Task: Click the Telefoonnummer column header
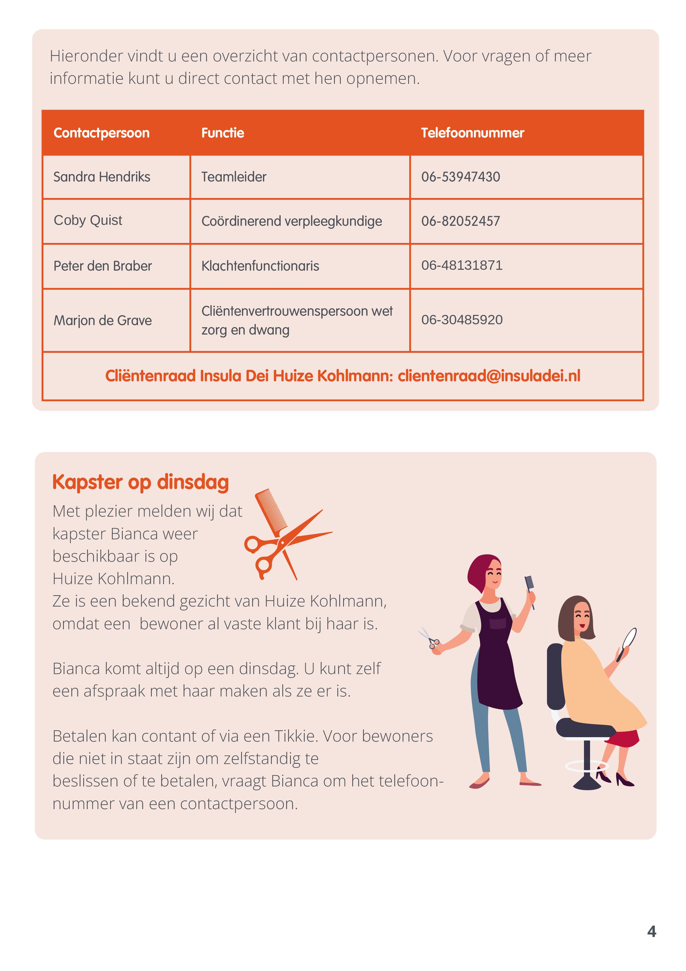point(472,133)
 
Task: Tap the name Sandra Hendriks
point(101,177)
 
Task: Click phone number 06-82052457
point(460,221)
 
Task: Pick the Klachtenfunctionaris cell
point(260,266)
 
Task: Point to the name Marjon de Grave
point(102,320)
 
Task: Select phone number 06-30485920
point(461,320)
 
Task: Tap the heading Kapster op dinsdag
point(140,482)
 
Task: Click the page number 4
point(651,931)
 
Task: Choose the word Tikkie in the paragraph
point(296,736)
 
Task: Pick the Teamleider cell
point(234,177)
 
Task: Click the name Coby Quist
point(88,220)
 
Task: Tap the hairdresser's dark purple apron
point(499,660)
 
